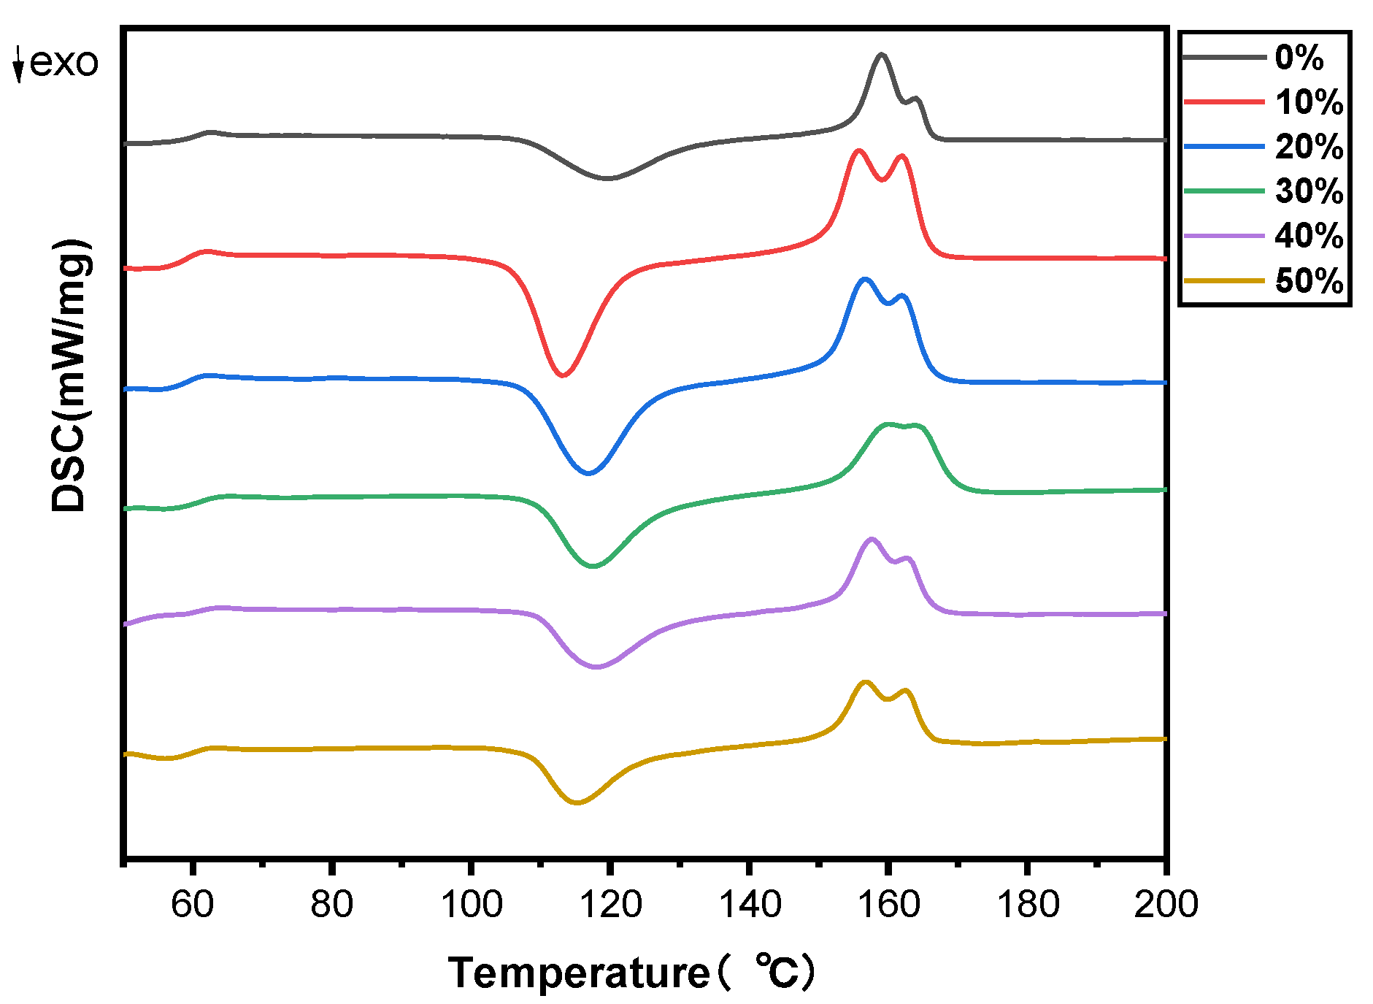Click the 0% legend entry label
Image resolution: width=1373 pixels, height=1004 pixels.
pos(1299,58)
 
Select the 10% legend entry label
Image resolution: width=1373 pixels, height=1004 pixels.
pos(1309,102)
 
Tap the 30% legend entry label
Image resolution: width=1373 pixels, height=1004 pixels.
pos(1309,191)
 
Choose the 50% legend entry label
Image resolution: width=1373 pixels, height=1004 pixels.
pos(1309,281)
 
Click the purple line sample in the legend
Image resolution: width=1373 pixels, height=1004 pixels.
pos(1223,236)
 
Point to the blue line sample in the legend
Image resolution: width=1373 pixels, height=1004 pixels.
pos(1223,147)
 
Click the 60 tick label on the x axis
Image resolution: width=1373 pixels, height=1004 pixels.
pos(192,904)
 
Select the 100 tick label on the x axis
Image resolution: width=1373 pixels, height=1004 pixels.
pos(471,904)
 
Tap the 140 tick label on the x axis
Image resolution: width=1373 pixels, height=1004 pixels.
pos(750,904)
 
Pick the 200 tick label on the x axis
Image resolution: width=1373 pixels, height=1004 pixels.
pos(1165,904)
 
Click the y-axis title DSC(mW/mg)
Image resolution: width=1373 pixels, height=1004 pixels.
pos(71,375)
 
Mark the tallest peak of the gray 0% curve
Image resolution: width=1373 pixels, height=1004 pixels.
pos(882,54)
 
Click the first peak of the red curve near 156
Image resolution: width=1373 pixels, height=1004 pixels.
pos(859,150)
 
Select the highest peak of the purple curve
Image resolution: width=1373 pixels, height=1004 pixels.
pos(871,539)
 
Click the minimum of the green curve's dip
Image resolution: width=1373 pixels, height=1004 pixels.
pos(593,566)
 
